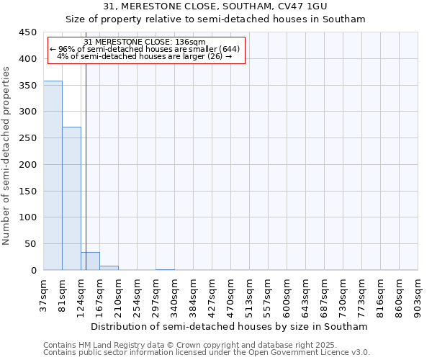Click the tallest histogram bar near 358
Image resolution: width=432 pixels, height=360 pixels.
pos(53,176)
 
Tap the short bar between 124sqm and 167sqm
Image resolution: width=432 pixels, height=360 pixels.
pos(90,261)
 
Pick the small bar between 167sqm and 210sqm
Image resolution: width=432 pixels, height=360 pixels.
pos(109,268)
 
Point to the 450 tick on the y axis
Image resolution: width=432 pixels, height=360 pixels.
pos(27,32)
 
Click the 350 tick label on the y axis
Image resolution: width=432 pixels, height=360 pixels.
pos(27,86)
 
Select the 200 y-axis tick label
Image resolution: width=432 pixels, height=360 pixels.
pos(27,165)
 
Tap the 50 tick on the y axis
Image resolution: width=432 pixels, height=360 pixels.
pos(30,244)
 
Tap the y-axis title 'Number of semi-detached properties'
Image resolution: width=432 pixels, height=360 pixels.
pos(6,156)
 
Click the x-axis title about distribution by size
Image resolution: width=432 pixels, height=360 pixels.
pos(230,326)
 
